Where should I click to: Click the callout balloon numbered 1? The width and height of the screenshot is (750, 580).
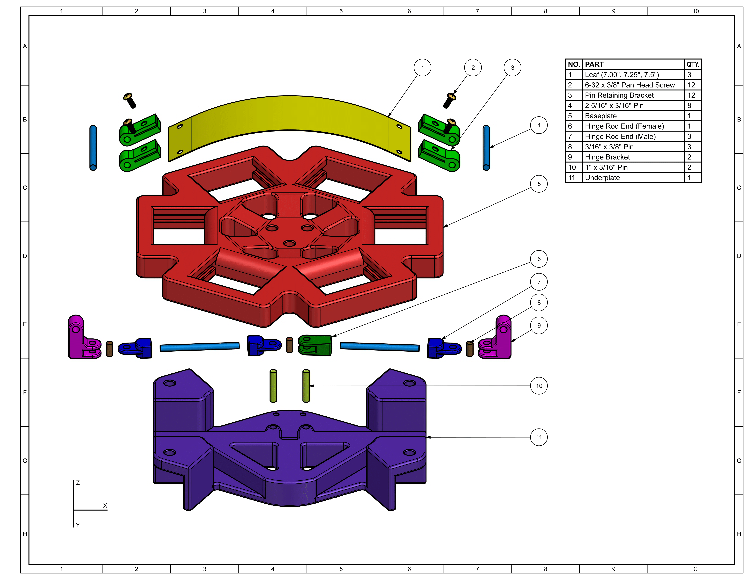coord(422,68)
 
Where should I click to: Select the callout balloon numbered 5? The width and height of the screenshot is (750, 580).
coord(539,184)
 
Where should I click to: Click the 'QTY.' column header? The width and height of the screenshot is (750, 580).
coord(693,64)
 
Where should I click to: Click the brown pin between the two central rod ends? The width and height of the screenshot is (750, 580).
coord(289,345)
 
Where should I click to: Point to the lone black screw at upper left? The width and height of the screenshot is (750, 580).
coord(130,100)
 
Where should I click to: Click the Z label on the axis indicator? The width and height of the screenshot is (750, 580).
coord(78,483)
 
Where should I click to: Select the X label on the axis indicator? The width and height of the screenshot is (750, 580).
coord(105,505)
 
